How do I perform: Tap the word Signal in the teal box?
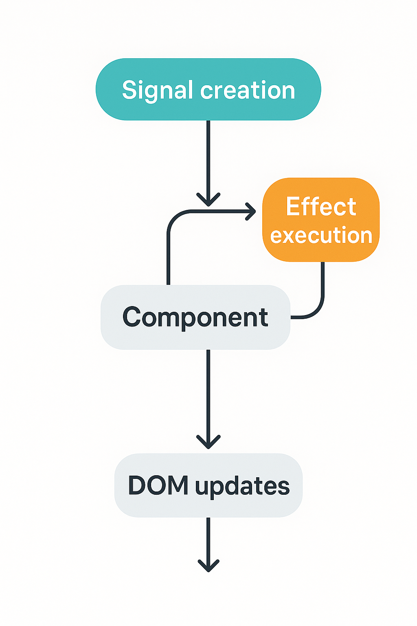(x=157, y=90)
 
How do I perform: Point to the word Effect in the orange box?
(x=321, y=206)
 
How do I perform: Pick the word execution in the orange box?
(x=321, y=236)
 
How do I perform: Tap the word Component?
(x=195, y=317)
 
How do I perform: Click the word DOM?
(x=158, y=485)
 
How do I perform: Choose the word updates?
(x=242, y=486)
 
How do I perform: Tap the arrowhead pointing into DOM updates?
(x=208, y=443)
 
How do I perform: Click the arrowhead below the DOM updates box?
(x=208, y=566)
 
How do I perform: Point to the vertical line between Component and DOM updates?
(x=208, y=391)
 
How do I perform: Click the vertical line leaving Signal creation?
(x=208, y=155)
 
